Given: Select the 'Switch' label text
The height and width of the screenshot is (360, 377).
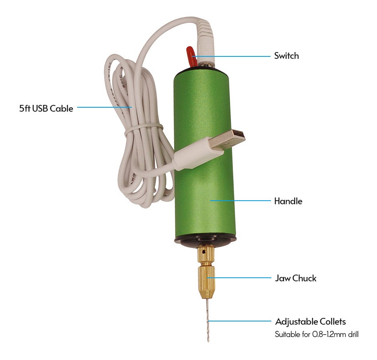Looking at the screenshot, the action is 286,56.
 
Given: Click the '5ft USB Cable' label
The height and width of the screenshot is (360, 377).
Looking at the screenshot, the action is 46,108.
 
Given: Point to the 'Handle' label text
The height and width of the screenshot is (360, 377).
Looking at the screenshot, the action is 288,201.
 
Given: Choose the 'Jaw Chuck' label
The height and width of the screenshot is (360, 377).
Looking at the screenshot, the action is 296,278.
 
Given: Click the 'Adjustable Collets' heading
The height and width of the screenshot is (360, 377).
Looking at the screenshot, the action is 310,321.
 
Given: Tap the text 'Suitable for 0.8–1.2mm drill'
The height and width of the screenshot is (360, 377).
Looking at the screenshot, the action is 317,334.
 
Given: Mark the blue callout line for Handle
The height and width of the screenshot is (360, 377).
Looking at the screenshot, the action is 240,201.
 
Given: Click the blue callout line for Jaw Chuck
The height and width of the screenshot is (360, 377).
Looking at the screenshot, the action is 239,278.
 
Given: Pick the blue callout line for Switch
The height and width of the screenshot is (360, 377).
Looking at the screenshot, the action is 232,56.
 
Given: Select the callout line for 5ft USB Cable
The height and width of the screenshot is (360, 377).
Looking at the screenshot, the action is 104,107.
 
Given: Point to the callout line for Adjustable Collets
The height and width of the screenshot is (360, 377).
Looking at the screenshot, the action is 240,321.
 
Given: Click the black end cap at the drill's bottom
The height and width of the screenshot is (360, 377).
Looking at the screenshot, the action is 205,241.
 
